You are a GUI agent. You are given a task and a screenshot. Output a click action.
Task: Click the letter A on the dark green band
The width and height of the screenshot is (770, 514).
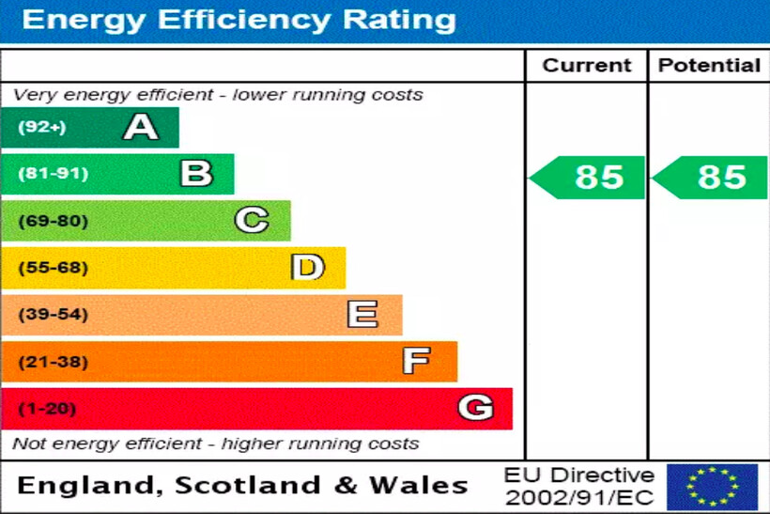[x=141, y=127]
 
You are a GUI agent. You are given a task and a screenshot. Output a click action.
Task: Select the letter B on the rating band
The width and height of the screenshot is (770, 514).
[x=196, y=174]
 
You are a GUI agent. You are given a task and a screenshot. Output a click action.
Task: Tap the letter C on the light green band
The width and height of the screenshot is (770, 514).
[x=252, y=221]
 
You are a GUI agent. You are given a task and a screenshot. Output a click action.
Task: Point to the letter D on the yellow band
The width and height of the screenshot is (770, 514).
[x=307, y=268]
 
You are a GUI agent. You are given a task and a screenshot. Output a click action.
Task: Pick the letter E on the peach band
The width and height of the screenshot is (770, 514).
[x=362, y=315]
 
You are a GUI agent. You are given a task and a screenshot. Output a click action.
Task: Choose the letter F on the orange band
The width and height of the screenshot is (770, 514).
[x=417, y=361]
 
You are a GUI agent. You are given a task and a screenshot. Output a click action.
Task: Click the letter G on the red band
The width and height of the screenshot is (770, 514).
[x=475, y=408]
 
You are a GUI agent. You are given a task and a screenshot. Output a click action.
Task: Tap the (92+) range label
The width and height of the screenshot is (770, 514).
[x=42, y=128]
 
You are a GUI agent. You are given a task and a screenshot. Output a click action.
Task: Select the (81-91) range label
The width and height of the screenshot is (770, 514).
[x=53, y=174]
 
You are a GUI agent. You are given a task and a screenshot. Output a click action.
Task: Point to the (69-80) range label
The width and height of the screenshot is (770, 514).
[x=53, y=221]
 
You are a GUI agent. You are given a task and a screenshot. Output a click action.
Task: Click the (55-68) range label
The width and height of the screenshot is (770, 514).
[x=53, y=268]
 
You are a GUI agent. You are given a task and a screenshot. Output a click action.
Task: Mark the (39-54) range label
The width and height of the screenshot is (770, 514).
[x=53, y=315]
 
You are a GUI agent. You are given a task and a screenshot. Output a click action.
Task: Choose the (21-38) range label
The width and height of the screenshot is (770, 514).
[x=53, y=362]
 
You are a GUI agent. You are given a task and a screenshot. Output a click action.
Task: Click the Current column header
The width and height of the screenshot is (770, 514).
[x=587, y=66]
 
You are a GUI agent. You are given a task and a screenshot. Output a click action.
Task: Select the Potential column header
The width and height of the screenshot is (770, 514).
[x=709, y=66]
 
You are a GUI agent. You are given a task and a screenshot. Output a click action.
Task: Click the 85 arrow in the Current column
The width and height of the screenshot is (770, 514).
[x=589, y=177]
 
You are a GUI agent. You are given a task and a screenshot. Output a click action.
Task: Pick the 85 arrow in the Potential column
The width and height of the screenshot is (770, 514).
[x=712, y=177]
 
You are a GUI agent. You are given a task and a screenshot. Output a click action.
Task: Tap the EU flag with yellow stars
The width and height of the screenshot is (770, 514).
[x=712, y=487]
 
